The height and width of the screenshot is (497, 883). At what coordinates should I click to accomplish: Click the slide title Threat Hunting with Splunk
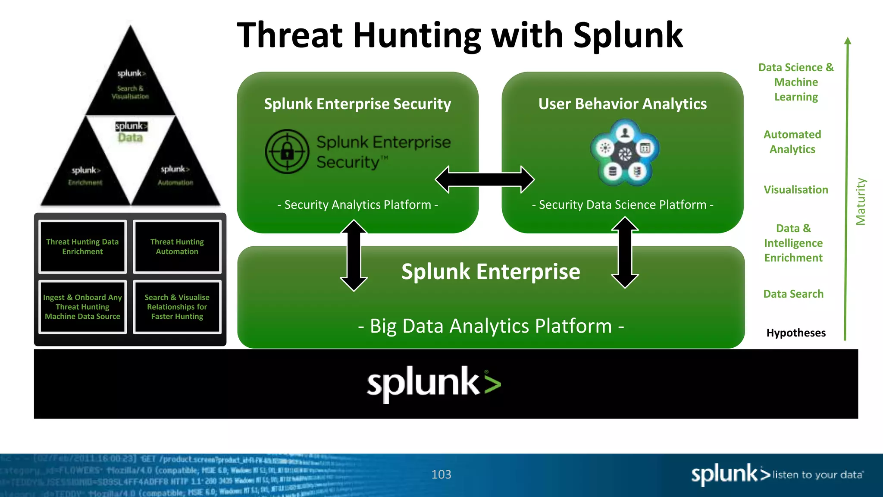coord(460,35)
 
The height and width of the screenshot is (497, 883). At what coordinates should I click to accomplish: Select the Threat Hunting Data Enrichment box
coord(82,247)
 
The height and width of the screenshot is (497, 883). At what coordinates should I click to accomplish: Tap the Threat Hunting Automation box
coord(177,247)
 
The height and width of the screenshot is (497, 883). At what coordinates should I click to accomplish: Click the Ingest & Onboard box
coord(82,307)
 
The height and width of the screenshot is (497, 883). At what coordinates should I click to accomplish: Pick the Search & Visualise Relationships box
coord(177,307)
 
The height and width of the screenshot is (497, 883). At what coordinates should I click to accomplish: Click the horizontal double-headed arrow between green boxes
coord(485,179)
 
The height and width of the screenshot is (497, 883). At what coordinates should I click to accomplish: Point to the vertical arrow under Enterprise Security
coord(354,255)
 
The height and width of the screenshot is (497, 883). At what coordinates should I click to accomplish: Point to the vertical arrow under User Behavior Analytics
coord(625,253)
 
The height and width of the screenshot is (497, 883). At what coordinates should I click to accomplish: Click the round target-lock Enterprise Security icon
coord(287,151)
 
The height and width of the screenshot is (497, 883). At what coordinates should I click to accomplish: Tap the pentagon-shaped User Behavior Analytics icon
coord(625,153)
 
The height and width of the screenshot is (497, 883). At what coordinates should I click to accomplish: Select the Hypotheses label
coord(796,333)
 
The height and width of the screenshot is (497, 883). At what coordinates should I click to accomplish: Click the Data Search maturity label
coord(793,294)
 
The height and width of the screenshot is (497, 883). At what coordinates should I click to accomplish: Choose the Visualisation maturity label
coord(796,190)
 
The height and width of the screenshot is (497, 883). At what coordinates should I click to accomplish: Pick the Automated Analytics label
coord(792,142)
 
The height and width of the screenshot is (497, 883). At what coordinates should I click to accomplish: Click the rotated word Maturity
coord(861,201)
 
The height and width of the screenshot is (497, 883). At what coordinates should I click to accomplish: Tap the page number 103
coord(441,475)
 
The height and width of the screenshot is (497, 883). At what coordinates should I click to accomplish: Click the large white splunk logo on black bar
coord(434,384)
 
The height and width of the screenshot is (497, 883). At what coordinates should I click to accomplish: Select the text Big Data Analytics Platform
coord(491,326)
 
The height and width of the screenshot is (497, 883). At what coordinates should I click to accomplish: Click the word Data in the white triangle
coord(130,138)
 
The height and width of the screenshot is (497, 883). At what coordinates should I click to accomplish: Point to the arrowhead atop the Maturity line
coord(848,41)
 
